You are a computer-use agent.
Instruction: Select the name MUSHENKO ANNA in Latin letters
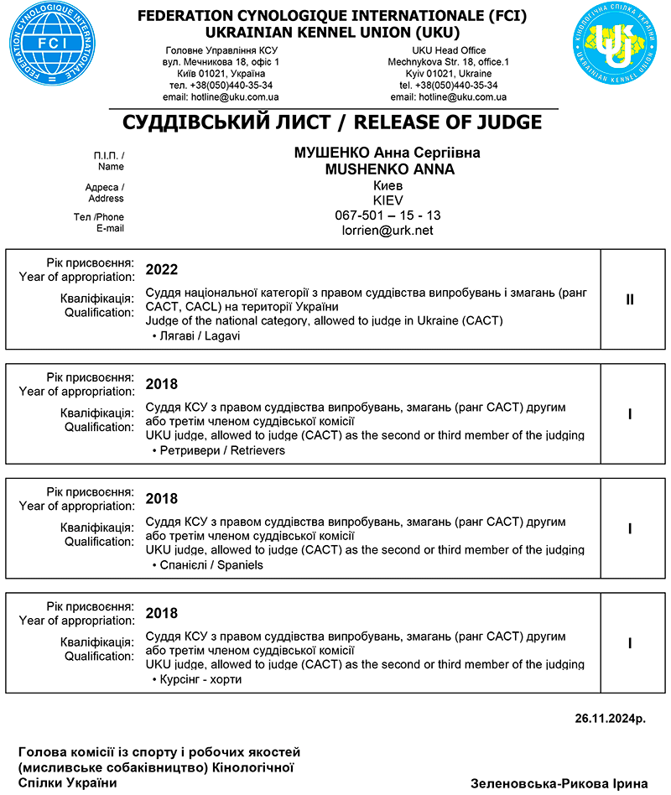[x=389, y=169]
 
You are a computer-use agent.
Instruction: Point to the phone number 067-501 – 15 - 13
[x=388, y=216]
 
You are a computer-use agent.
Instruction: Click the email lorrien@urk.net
[x=388, y=231]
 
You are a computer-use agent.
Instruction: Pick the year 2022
[x=162, y=270]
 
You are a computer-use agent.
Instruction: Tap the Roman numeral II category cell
[x=630, y=299]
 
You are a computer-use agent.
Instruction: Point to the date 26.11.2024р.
[x=611, y=719]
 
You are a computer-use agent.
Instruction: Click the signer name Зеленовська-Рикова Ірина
[x=559, y=783]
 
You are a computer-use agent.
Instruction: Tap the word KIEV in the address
[x=388, y=200]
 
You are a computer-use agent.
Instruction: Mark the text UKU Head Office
[x=448, y=51]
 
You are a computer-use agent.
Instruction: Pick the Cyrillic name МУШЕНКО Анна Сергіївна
[x=388, y=154]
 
